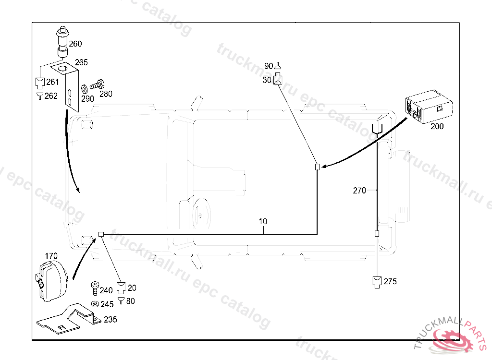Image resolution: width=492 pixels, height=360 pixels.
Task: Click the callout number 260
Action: (x=75, y=44)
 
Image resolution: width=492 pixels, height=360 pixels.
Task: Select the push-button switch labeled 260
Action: (x=62, y=42)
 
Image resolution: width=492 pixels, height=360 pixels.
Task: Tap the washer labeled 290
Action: (x=85, y=89)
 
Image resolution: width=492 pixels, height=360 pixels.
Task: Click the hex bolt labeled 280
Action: (x=97, y=84)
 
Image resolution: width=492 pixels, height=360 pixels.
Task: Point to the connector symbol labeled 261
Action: (x=40, y=83)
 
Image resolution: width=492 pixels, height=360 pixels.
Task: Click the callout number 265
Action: (x=81, y=62)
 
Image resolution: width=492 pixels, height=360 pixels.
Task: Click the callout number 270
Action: (x=359, y=191)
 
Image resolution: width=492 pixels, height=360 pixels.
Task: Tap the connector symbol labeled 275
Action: (x=377, y=282)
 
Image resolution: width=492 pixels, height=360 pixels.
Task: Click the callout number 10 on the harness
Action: (x=263, y=221)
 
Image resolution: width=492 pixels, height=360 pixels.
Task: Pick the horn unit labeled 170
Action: (x=51, y=281)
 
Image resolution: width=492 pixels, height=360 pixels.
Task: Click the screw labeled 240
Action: (x=95, y=288)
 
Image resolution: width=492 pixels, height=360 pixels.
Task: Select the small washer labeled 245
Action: (x=95, y=304)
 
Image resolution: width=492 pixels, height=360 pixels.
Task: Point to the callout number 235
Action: (x=111, y=320)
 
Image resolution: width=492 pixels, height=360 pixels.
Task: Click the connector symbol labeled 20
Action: (x=121, y=288)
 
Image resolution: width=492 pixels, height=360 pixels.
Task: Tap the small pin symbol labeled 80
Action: (x=121, y=301)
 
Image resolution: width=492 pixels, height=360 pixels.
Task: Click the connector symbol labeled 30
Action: (x=278, y=79)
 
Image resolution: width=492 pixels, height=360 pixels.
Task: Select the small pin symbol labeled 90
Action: (x=278, y=66)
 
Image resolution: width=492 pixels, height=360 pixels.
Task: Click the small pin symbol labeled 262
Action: (x=40, y=96)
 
